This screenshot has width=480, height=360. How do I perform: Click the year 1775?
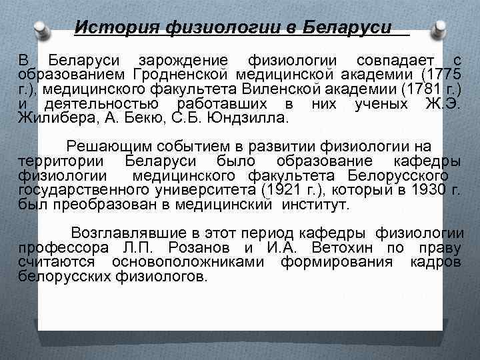[x=441, y=75]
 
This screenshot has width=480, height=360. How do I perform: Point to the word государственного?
[x=84, y=191]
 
